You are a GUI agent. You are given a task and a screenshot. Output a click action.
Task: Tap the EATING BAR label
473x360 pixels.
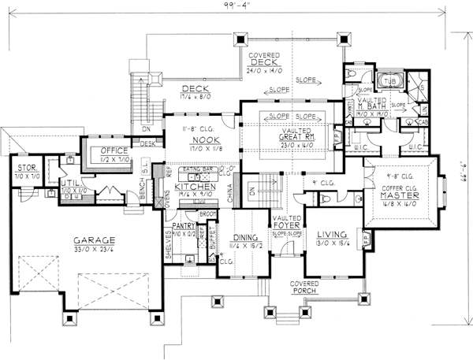click(195, 169)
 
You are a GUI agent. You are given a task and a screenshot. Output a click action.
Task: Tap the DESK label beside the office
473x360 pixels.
click(147, 143)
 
